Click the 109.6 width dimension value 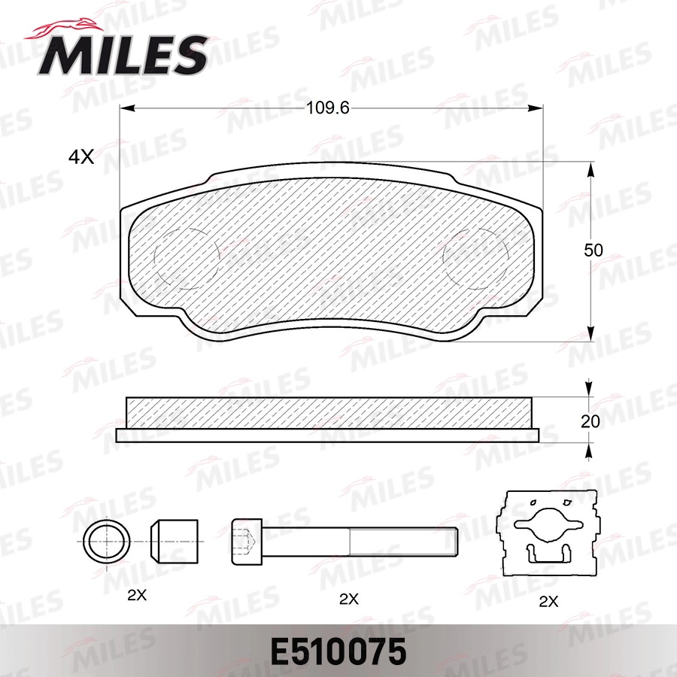point(328,108)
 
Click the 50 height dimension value point(594,251)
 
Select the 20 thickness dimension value point(591,422)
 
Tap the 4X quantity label point(80,156)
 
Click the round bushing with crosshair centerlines point(106,541)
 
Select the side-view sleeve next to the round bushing point(174,541)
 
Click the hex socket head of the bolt point(247,541)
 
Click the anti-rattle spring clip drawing point(550,533)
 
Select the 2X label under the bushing point(136,595)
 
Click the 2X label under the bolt point(348,599)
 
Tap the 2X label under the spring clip point(549,601)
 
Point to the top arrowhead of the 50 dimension point(590,169)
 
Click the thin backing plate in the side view point(328,434)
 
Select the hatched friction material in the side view point(328,411)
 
